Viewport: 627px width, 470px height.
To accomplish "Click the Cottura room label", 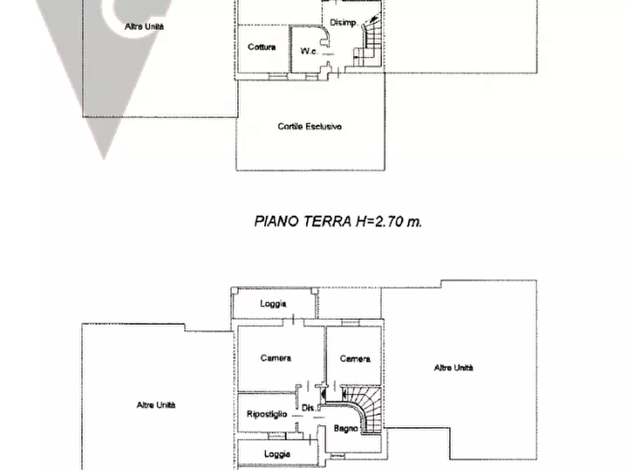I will tap(261, 48).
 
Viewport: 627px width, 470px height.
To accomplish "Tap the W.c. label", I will tap(308, 51).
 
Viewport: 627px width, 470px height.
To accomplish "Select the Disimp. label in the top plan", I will tap(343, 22).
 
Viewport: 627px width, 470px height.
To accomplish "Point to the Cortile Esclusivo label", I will tap(310, 127).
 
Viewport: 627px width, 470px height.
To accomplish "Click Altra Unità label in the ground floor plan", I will tap(144, 27).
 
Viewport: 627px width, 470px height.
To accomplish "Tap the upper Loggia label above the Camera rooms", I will tap(272, 304).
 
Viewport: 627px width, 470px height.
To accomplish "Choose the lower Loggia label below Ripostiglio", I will tap(277, 454).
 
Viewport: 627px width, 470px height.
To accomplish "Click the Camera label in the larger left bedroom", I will tap(275, 358).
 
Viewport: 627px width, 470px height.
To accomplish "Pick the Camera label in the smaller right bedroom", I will tap(355, 359).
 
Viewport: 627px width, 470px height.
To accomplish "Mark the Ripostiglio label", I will tap(267, 415).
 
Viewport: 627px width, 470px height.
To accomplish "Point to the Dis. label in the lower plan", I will tap(307, 408).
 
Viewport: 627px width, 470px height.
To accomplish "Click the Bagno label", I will tap(346, 428).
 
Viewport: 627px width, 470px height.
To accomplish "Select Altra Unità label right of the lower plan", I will tap(453, 368).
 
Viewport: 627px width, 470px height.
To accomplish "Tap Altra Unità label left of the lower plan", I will tap(156, 405).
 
